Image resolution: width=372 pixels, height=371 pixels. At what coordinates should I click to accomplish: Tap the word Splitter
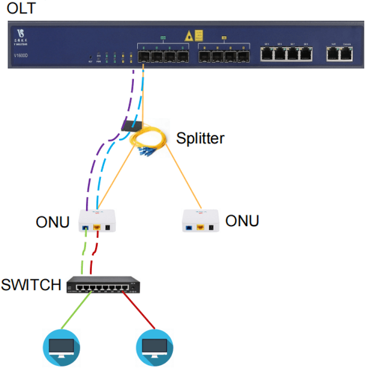tap(200, 139)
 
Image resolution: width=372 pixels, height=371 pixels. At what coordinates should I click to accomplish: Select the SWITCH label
tap(31, 285)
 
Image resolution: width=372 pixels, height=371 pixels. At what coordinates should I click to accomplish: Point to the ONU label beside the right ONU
tap(242, 220)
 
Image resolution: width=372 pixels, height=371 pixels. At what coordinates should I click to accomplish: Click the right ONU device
tap(200, 221)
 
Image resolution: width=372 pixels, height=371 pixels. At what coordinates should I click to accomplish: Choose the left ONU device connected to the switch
tap(97, 221)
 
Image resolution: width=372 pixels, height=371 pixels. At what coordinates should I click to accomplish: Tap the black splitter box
tap(131, 125)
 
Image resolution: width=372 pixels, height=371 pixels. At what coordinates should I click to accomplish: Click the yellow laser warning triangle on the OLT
tap(188, 36)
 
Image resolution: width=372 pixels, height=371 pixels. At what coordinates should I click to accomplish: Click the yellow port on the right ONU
tap(201, 228)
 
